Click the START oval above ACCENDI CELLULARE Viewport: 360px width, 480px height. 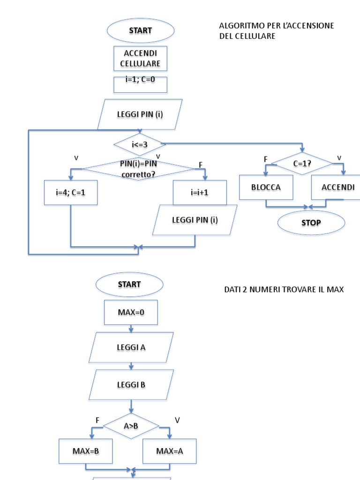click(141, 30)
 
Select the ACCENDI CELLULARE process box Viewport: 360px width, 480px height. click(141, 58)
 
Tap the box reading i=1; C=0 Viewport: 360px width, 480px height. click(141, 84)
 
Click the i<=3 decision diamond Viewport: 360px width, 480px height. click(140, 144)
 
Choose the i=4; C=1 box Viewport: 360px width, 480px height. click(71, 192)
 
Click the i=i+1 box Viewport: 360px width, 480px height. click(200, 192)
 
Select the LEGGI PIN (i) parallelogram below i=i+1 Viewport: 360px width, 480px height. click(195, 219)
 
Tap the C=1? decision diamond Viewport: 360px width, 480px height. click(302, 164)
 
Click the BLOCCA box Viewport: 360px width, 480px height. click(266, 187)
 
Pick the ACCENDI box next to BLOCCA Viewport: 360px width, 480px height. click(338, 187)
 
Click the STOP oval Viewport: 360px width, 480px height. click(311, 223)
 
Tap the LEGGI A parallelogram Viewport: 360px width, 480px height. click(131, 347)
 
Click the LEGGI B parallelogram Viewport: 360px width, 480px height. click(131, 385)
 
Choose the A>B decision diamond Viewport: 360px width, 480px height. click(131, 426)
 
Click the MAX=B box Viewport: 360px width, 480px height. click(86, 451)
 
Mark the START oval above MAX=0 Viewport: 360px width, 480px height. click(129, 285)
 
